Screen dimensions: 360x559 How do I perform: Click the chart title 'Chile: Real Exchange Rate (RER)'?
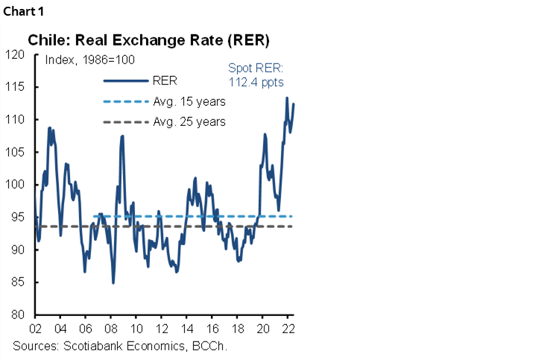coord(149,39)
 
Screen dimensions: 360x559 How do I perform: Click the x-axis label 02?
coord(34,329)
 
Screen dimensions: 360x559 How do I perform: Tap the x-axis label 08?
coord(110,329)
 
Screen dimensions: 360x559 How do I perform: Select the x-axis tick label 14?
coord(186,329)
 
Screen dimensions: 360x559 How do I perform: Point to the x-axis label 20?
coord(262,329)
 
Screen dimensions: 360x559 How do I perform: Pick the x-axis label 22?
coord(288,329)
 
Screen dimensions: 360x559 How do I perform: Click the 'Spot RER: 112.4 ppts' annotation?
coord(259,74)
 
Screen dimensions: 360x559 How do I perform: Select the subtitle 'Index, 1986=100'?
coord(89,60)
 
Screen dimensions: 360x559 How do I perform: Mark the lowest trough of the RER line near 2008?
coord(113,282)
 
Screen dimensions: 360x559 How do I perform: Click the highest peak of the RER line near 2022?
coord(287,98)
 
